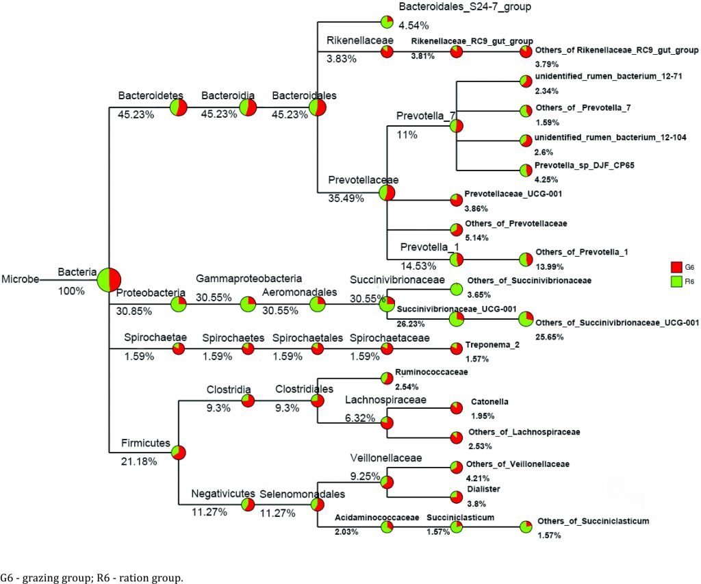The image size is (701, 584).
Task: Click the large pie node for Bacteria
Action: (109, 279)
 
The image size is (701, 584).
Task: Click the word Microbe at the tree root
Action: (19, 279)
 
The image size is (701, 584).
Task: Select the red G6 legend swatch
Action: (674, 267)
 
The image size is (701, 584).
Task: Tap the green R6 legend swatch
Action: (674, 280)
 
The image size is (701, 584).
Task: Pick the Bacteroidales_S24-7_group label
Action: (455, 7)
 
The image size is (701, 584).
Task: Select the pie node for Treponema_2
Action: (456, 349)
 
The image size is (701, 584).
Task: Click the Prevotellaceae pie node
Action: (387, 193)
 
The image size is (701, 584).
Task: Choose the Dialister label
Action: (483, 489)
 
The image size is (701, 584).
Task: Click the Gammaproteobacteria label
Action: (248, 279)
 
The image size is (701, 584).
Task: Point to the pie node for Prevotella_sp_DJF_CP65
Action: (525, 170)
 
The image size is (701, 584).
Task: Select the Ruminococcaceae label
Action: (431, 372)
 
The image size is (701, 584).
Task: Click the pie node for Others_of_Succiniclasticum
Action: (525, 526)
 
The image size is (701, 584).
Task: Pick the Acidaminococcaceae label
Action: (377, 518)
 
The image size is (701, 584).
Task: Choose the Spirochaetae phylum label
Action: (146, 338)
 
